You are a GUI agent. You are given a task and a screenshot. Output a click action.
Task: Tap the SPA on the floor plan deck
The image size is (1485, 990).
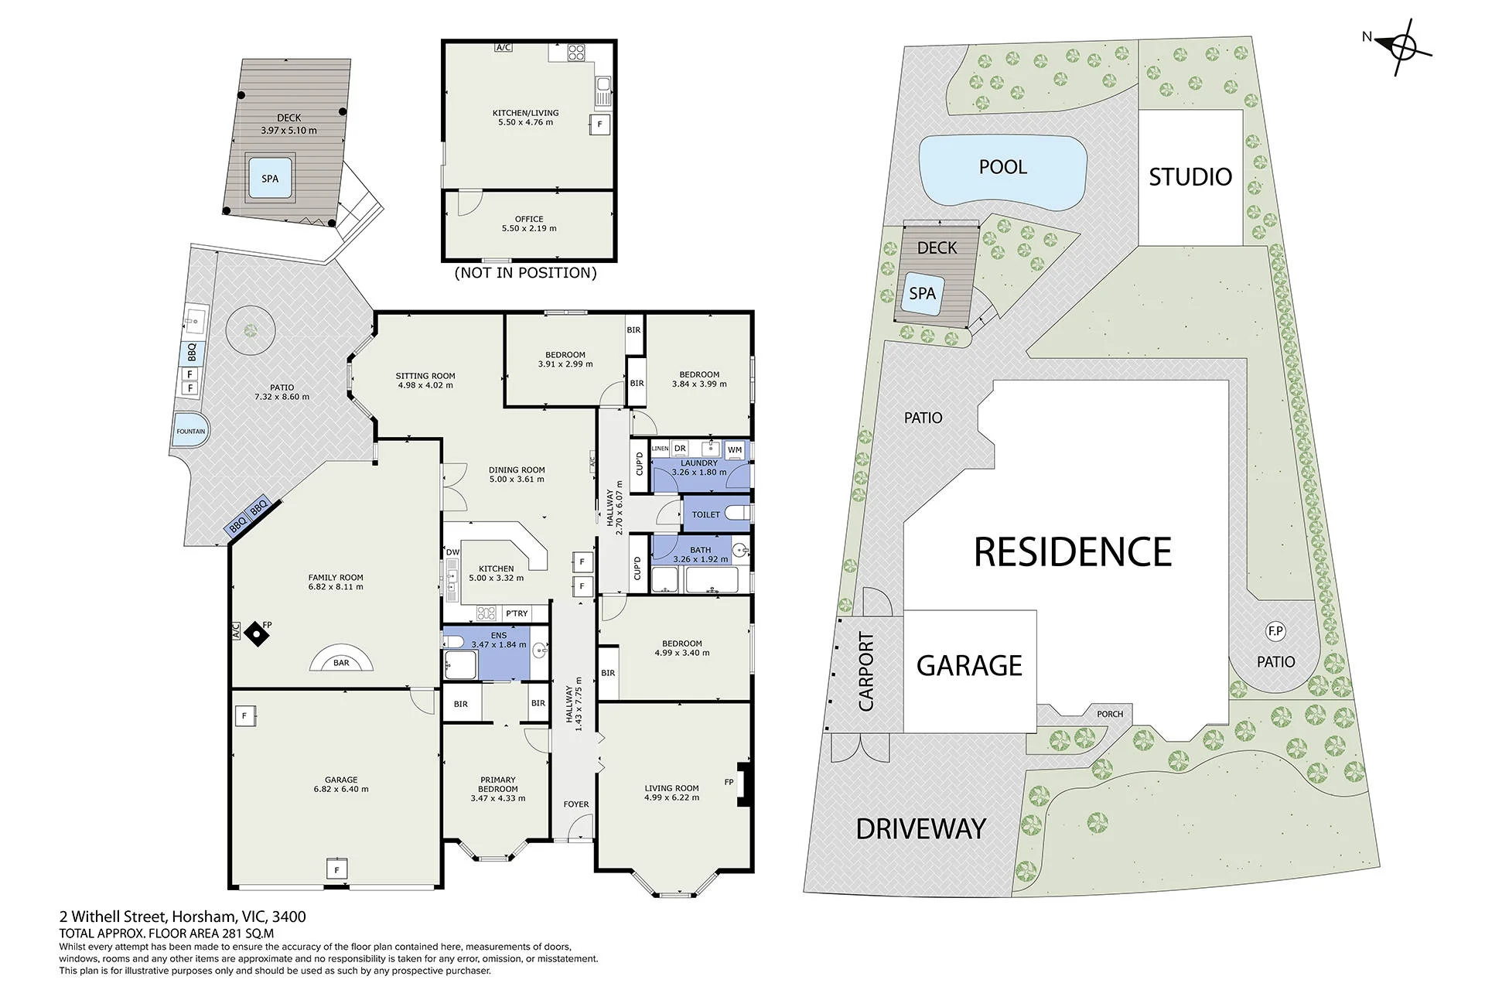[x=269, y=179]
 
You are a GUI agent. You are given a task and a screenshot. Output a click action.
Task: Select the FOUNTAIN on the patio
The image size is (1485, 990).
[x=189, y=431]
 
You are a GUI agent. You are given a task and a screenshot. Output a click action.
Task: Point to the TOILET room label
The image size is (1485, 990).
[x=705, y=514]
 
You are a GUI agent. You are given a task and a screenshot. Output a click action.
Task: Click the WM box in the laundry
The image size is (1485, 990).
[x=735, y=449]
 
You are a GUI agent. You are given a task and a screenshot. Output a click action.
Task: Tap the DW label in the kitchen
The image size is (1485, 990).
[x=452, y=551]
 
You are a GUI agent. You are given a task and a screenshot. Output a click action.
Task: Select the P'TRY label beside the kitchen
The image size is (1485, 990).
[x=517, y=613]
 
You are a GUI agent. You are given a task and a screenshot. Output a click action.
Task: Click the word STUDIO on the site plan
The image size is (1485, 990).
[x=1190, y=177]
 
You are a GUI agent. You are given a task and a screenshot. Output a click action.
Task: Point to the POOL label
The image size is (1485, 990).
[x=1002, y=167]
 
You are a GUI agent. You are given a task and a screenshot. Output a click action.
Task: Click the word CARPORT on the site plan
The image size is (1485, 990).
[x=866, y=671]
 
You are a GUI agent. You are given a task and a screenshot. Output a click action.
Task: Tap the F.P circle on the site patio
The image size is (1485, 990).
[x=1275, y=632]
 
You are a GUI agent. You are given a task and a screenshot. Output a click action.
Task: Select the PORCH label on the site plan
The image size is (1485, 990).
[x=1110, y=714]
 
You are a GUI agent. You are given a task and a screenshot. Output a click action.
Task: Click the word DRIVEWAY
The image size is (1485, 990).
[x=920, y=829]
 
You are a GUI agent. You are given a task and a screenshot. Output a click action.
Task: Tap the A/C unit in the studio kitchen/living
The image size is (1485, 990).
[x=504, y=48]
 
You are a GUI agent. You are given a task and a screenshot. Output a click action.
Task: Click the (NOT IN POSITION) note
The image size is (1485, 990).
[x=525, y=273]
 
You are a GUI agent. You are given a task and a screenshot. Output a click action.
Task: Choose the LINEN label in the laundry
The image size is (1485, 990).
[x=660, y=449]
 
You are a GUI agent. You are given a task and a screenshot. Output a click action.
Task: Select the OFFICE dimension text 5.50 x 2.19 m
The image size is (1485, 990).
[x=529, y=228]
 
